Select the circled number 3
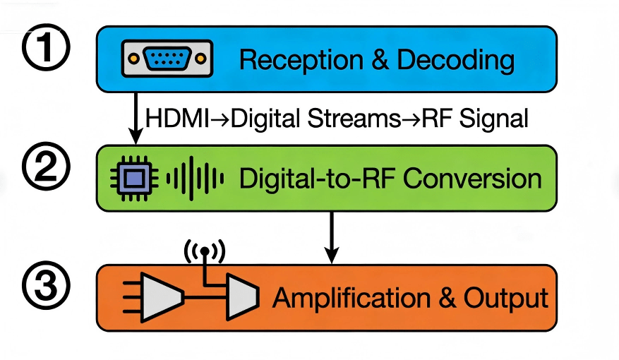tap(47, 289)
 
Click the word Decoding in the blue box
tap(455, 61)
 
